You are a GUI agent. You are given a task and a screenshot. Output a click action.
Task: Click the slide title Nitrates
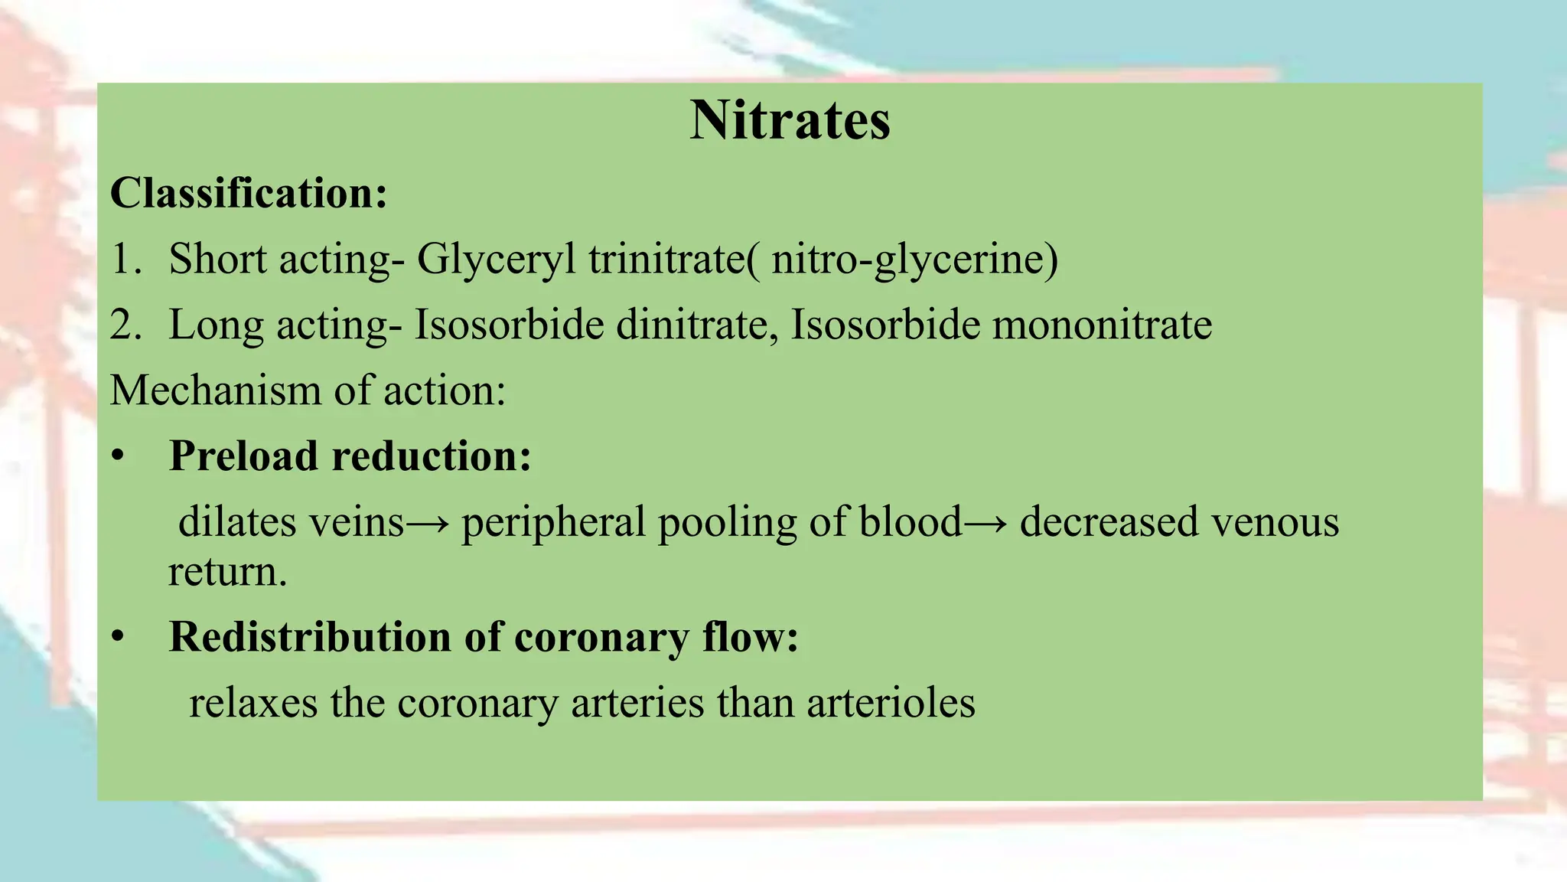coord(790,121)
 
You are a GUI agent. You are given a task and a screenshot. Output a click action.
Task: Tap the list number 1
coord(125,259)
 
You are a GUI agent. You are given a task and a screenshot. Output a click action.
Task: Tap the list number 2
coord(125,325)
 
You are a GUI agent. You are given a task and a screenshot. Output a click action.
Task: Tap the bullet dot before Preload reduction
coord(117,456)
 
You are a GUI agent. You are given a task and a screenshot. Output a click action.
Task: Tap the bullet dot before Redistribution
coord(117,637)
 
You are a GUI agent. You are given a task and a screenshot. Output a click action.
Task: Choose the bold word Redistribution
coord(311,637)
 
